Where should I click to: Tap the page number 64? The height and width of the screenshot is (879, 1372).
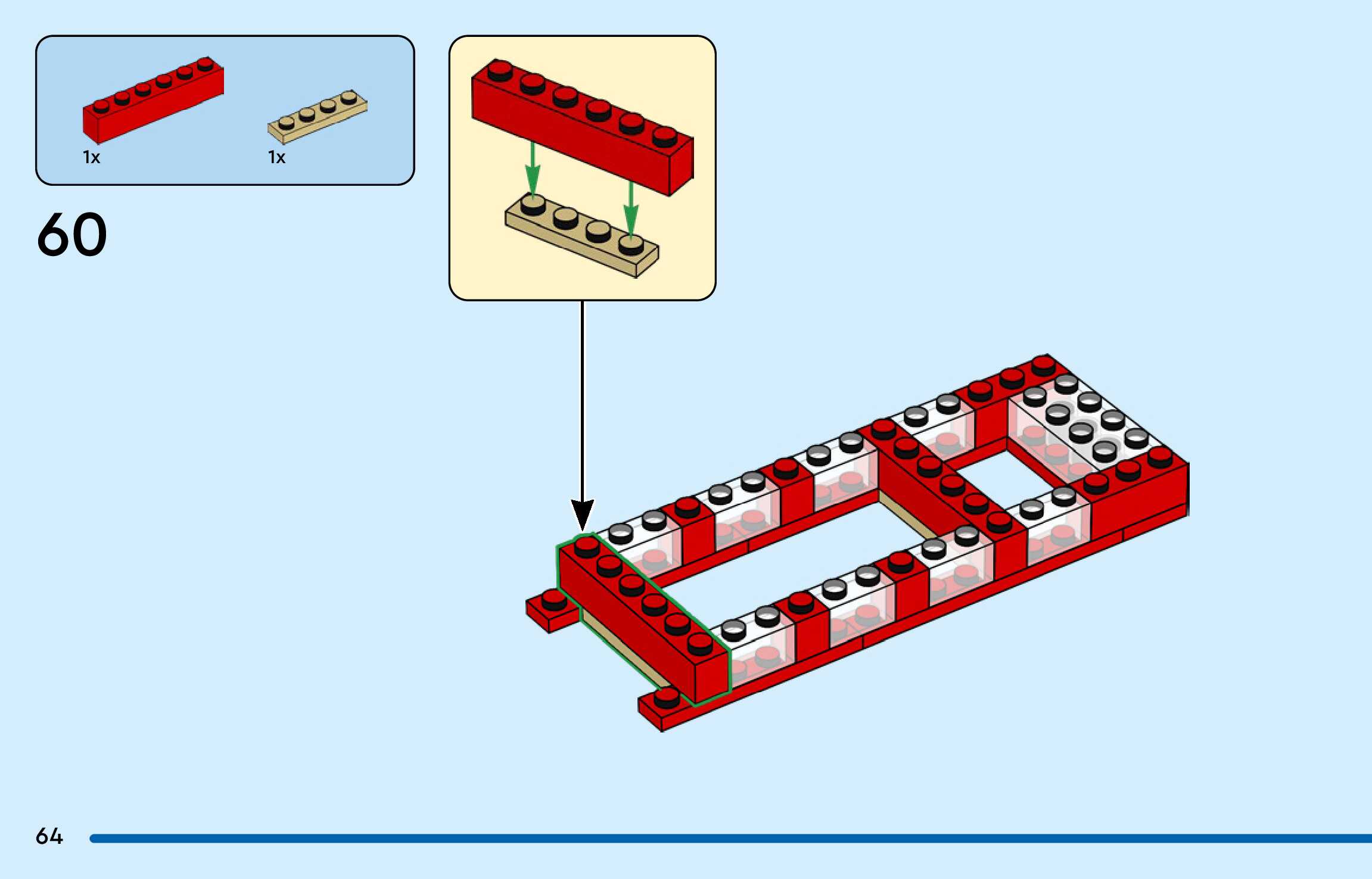49,836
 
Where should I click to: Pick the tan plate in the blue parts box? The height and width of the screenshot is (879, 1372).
318,118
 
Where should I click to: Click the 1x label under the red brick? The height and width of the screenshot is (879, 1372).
92,157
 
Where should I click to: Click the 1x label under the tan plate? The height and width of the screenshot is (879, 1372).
276,157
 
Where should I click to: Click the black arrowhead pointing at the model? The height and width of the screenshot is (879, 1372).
583,513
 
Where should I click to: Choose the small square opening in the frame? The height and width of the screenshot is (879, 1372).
1007,479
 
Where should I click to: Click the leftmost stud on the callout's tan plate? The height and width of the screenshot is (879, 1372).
532,206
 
